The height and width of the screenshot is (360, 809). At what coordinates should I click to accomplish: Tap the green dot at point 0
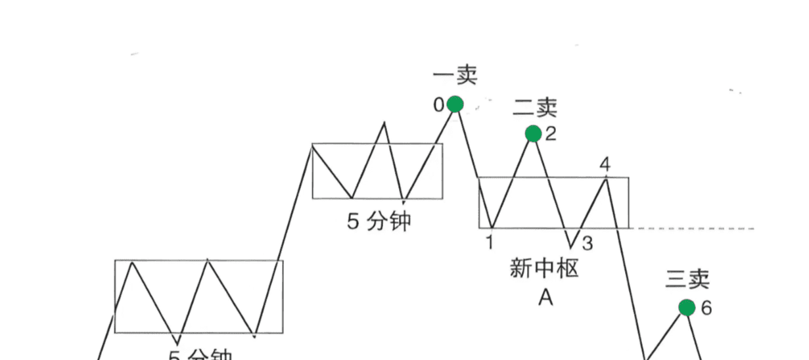click(455, 104)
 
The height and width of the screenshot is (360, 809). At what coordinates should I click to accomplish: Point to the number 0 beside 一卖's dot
click(438, 104)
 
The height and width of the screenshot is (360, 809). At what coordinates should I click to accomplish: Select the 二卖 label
click(534, 106)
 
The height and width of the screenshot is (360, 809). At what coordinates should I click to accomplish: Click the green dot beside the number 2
click(533, 134)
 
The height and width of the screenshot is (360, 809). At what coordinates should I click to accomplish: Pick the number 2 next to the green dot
click(551, 135)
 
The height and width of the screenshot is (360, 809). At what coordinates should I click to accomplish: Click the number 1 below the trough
click(490, 242)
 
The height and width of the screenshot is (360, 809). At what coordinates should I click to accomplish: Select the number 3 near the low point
click(588, 244)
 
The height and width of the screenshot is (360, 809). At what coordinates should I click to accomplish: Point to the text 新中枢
click(543, 269)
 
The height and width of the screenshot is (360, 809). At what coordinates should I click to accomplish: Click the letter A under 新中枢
click(545, 298)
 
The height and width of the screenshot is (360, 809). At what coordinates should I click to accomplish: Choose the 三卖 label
click(687, 280)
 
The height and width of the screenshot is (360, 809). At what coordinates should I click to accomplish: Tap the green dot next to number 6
click(687, 307)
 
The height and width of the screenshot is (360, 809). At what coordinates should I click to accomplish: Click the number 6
click(706, 308)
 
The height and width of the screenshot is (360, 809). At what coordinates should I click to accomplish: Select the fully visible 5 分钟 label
click(379, 221)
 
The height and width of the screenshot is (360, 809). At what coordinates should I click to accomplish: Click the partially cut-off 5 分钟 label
click(201, 355)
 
